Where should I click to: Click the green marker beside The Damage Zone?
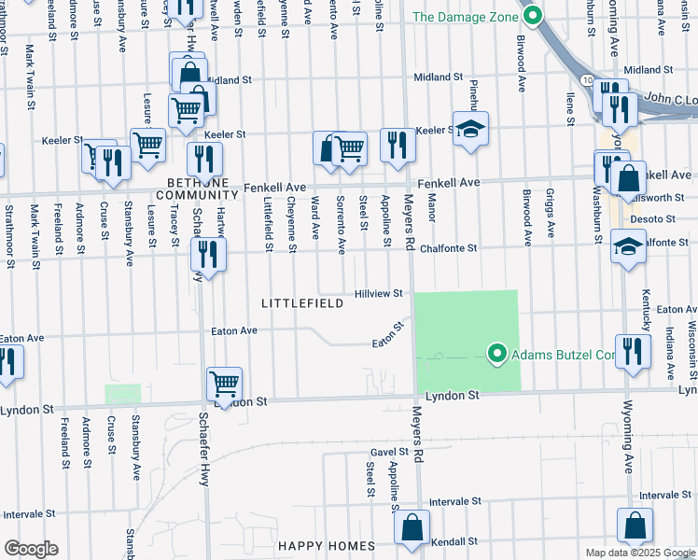533,16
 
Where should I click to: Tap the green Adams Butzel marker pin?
496,354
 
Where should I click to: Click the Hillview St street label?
378,293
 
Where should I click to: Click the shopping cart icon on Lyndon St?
224,383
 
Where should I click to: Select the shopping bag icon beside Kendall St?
411,527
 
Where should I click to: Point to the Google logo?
31,549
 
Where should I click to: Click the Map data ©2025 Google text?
639,553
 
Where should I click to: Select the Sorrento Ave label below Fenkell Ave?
341,225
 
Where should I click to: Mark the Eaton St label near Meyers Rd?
388,335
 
